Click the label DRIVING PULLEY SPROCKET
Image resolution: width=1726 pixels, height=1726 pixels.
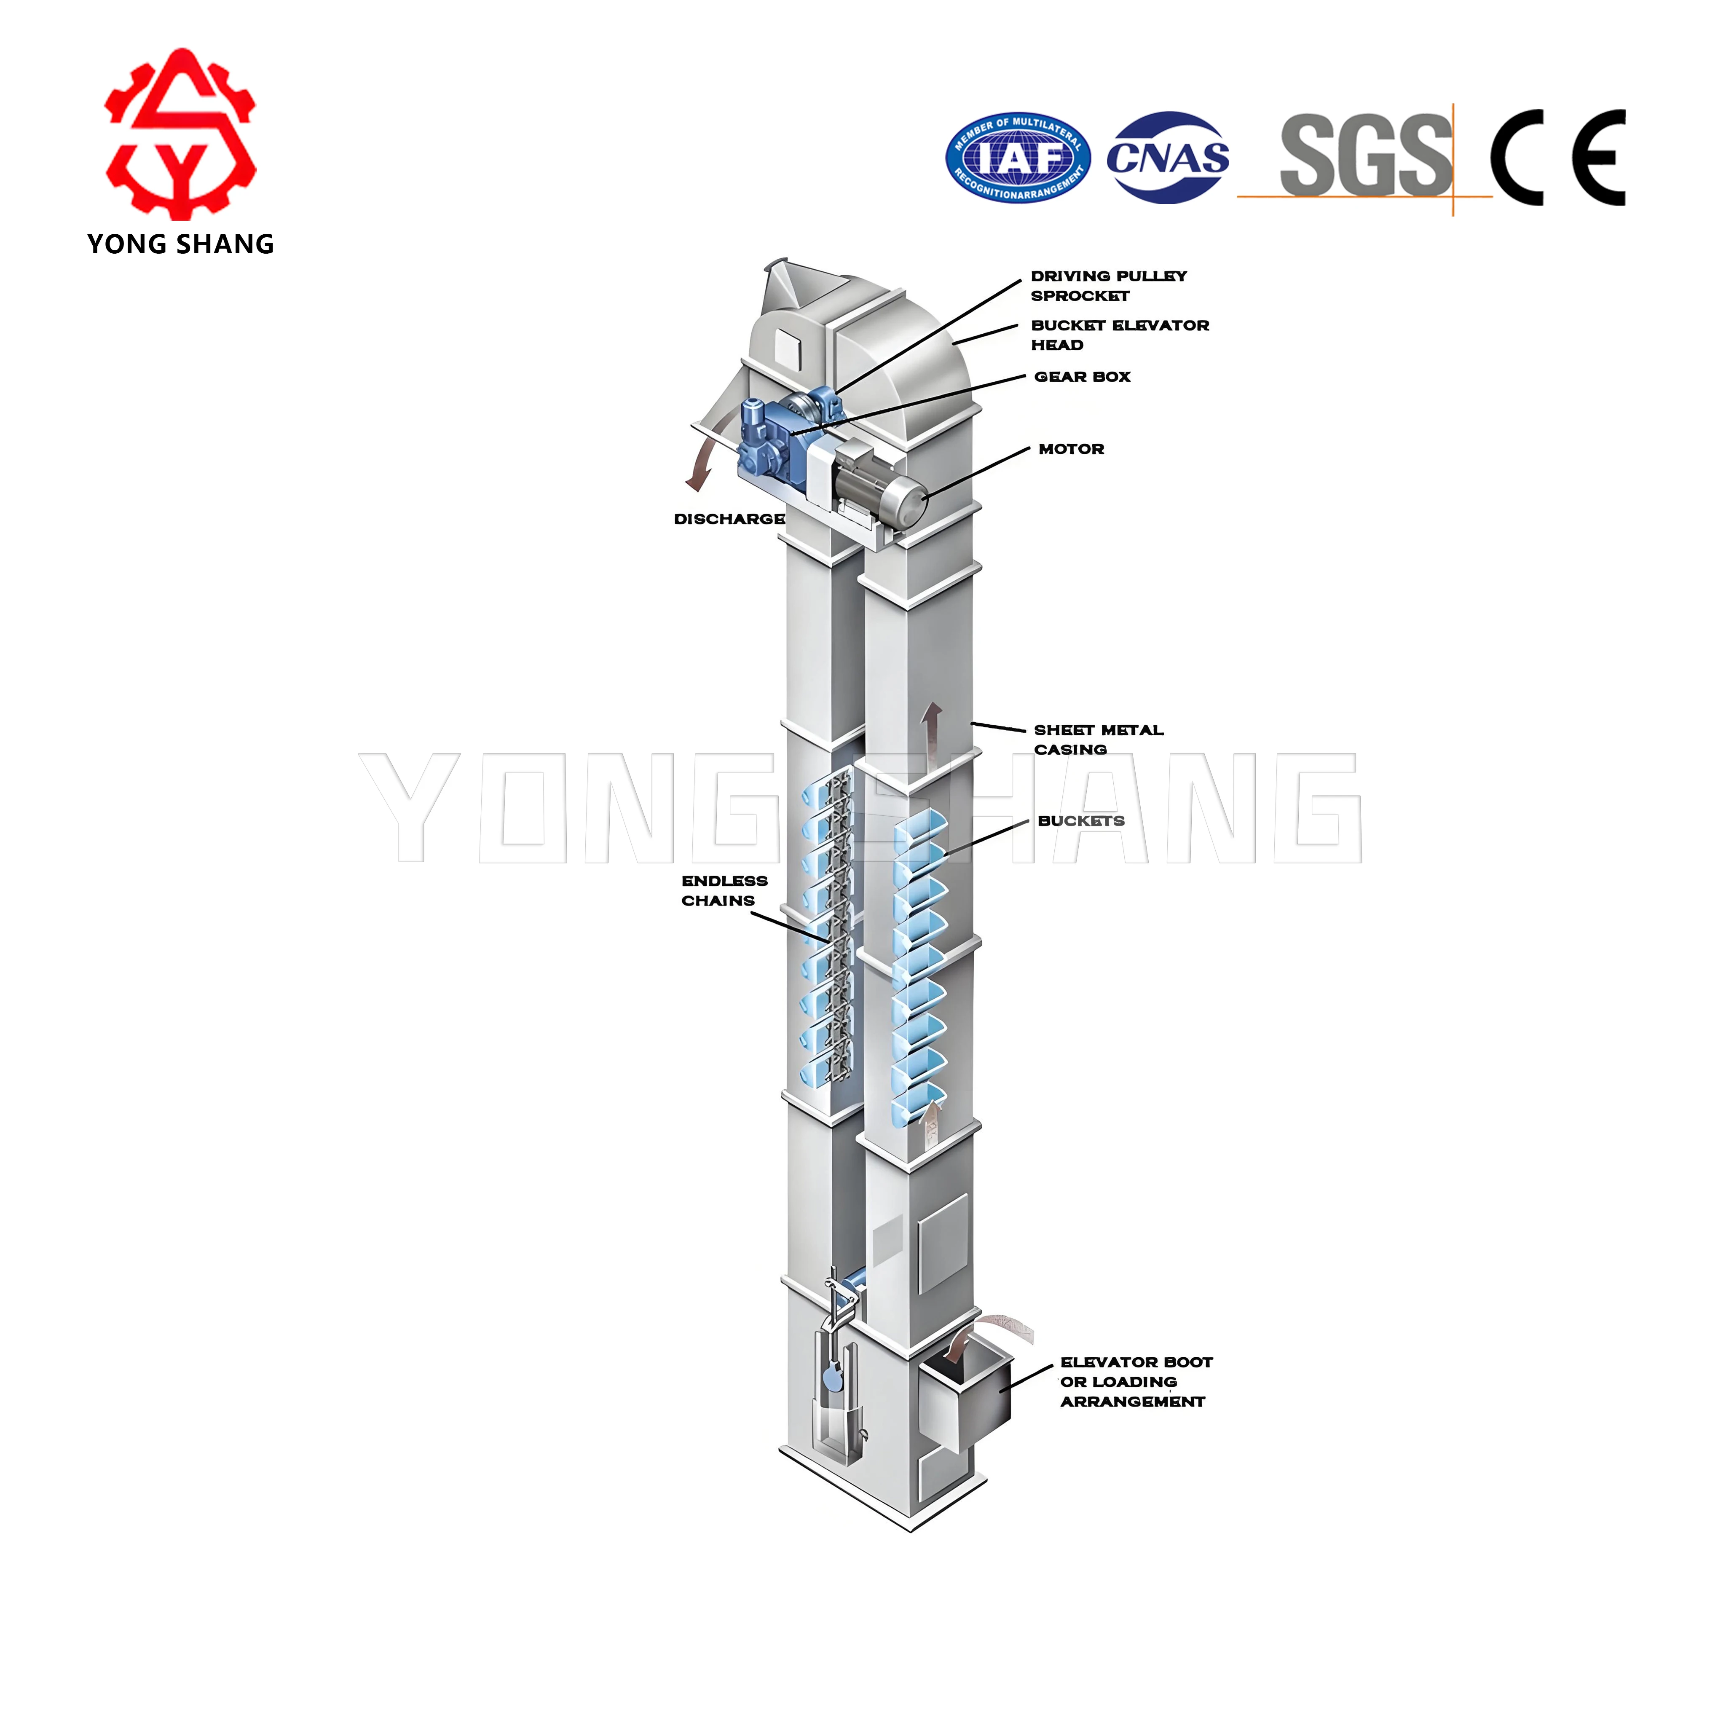pos(1108,286)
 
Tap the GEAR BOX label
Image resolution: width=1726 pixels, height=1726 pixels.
pos(1082,377)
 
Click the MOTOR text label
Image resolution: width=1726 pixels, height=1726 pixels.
pos(1071,449)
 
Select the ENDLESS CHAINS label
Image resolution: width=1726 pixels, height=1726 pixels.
pos(724,891)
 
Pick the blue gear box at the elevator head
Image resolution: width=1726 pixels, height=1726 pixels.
pos(768,438)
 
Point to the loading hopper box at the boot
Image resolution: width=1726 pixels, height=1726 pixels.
pos(965,1398)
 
